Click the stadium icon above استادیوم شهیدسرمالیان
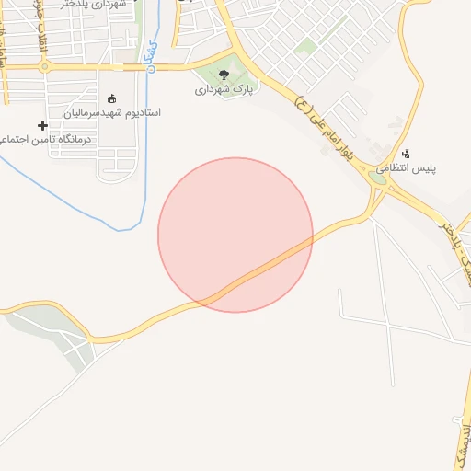[x=113, y=98]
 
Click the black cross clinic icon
[x=42, y=125]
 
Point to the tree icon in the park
[x=224, y=75]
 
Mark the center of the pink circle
[x=235, y=235]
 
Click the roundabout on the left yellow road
[x=43, y=66]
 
